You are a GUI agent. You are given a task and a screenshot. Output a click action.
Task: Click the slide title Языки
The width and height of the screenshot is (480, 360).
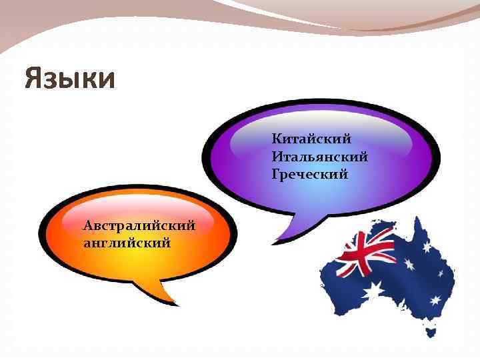pyautogui.click(x=70, y=79)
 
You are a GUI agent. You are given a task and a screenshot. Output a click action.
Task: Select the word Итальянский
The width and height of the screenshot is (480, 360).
pyautogui.click(x=320, y=157)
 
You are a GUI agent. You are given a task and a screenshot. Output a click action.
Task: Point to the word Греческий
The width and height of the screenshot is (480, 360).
pyautogui.click(x=310, y=175)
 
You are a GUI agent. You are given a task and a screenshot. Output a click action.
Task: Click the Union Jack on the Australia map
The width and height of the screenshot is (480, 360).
pyautogui.click(x=365, y=254)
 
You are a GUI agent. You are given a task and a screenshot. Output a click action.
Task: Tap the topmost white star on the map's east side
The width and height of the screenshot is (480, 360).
pyautogui.click(x=427, y=247)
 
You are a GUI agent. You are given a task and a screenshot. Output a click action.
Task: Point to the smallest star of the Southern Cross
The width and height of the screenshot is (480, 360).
pyautogui.click(x=440, y=274)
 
